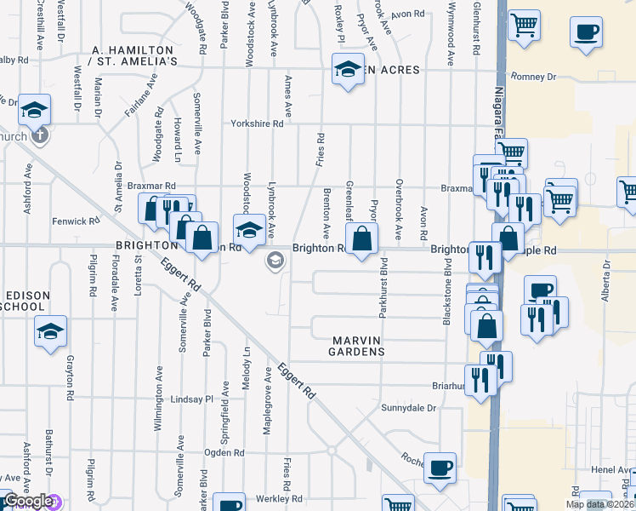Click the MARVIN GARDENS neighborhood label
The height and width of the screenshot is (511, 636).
[358, 346]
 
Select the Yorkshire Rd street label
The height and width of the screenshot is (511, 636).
[257, 123]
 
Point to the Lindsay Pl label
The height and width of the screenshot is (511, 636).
[191, 399]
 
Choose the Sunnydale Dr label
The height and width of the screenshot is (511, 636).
[408, 408]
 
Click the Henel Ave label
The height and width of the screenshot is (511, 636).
[610, 470]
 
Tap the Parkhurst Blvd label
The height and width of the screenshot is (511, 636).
[383, 289]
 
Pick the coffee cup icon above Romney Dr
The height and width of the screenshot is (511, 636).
[586, 32]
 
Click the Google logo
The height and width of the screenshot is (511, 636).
[28, 502]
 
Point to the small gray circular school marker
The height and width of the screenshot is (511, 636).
[275, 260]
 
